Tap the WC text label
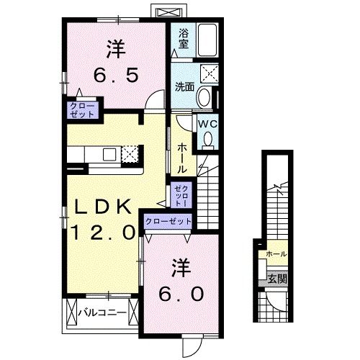(207, 123)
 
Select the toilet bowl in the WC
(207, 138)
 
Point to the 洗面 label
(184, 87)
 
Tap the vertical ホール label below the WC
(183, 155)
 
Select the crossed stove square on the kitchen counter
(130, 153)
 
